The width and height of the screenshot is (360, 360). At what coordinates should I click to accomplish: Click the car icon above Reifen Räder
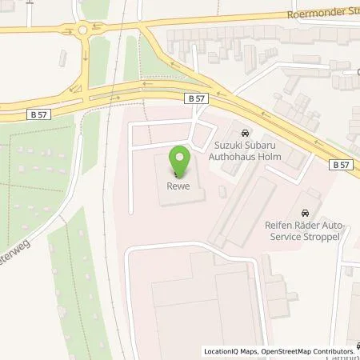click(x=304, y=213)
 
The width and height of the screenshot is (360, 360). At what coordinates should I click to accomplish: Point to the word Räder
click(x=297, y=226)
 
